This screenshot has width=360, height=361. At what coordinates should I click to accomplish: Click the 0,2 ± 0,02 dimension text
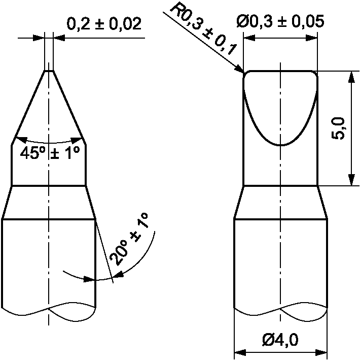tap(104, 24)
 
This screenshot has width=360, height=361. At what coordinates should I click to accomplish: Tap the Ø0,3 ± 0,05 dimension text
tap(280, 21)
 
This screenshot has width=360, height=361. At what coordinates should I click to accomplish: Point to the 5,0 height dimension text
tap(338, 128)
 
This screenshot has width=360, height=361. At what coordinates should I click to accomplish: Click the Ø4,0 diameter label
tap(280, 340)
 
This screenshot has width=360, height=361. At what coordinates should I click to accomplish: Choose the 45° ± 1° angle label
tap(50, 153)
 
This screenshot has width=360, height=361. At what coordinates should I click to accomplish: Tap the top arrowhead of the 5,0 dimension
tap(351, 77)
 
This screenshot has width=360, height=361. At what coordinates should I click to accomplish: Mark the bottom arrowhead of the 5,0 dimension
tap(351, 180)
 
